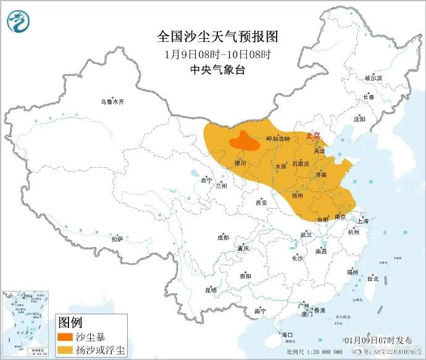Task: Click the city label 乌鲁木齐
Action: point(112,102)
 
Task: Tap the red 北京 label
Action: point(314,136)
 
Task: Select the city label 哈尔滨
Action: point(373,78)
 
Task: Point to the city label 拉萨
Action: point(117,238)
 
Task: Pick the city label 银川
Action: point(240,164)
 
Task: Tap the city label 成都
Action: point(222,237)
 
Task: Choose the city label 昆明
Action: point(210,289)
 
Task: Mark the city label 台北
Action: point(373,278)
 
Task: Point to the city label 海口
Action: point(286,334)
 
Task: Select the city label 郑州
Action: point(298,195)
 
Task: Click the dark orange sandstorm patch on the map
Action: point(246,142)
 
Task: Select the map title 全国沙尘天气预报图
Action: point(214,36)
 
